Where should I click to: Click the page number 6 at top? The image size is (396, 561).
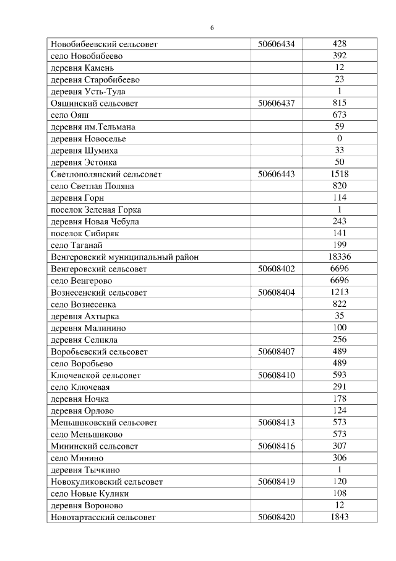click(212, 28)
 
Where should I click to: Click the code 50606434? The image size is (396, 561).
click(276, 44)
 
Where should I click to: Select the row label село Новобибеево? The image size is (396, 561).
click(87, 56)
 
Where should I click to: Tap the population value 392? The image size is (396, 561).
click(339, 56)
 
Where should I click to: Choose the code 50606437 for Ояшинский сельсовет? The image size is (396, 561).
click(276, 103)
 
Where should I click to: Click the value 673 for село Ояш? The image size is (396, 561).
click(339, 115)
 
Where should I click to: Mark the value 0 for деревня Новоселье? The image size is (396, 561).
click(339, 138)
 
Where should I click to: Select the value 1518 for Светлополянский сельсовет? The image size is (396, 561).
click(339, 174)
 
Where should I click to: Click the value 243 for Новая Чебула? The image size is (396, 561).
click(339, 221)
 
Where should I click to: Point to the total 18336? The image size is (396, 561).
click(339, 257)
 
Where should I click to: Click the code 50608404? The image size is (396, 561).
click(276, 292)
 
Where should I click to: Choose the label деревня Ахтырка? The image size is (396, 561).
click(84, 316)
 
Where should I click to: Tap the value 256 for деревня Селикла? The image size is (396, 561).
click(339, 340)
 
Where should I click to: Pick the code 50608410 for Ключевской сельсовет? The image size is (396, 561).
click(276, 375)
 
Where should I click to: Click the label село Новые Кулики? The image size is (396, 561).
click(90, 493)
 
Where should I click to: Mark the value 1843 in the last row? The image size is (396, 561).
click(339, 517)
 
